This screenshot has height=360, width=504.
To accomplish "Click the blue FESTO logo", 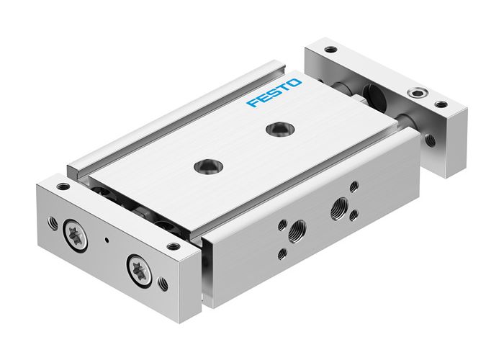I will point(274,94).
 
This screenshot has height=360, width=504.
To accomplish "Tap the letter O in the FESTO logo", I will point(296,84).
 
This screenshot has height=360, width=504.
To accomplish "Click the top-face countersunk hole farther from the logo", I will point(208,166).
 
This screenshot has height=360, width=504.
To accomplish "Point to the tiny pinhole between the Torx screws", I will point(107,239).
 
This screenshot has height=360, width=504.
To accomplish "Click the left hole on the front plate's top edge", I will point(63,186).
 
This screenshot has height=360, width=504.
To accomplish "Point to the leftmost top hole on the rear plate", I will point(331,51).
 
